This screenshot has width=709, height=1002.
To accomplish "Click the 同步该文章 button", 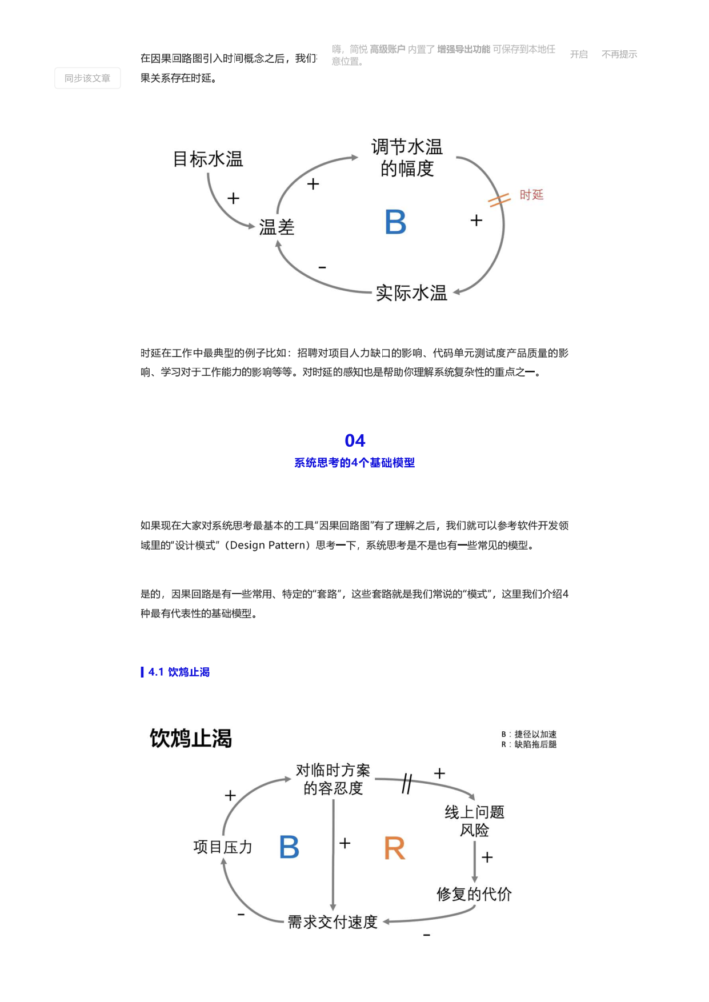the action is point(87,78).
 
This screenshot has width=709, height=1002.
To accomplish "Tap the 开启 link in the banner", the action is point(579,54).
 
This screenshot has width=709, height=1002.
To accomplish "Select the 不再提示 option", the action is point(619,54).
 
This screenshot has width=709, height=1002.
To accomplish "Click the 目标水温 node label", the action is point(208,159).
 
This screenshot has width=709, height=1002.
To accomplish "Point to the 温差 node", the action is point(277,227).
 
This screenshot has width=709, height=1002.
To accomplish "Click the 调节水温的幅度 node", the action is point(407,158).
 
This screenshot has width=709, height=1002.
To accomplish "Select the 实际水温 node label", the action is point(411,293).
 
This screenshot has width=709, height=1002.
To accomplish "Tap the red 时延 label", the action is point(531,195).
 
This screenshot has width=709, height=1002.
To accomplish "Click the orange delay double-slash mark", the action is point(499,200).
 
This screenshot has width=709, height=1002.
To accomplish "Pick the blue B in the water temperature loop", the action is point(395,222).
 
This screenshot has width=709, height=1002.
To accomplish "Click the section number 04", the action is point(355,440).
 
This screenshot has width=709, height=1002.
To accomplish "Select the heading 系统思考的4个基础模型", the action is point(355,463).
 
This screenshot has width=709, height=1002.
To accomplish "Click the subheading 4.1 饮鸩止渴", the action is point(179,672).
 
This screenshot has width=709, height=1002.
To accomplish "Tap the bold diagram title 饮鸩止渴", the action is point(191,738).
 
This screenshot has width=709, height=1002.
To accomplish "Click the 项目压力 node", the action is point(223,847).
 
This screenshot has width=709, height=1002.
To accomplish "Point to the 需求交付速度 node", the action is point(333,922).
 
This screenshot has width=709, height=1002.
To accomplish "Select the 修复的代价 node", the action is point(474,894).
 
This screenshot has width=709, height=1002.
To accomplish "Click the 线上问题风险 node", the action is point(475,821).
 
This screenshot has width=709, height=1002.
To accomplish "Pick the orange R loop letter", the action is point(395,848).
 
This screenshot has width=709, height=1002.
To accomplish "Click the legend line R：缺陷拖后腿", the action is point(529,744).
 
